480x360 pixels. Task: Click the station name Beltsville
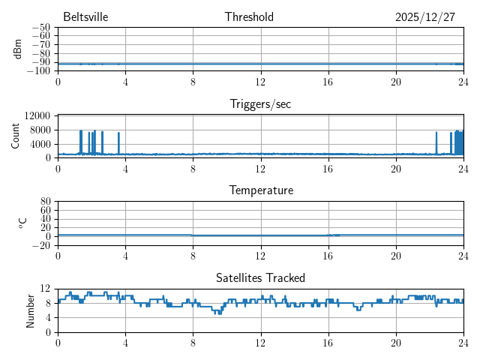[85, 17]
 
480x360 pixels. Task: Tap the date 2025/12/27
[425, 17]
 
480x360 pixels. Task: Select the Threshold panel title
[249, 17]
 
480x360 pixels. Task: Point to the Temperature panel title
[260, 190]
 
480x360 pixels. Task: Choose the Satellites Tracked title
[260, 278]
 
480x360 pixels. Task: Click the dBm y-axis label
[18, 49]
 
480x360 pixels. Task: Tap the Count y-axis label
[16, 136]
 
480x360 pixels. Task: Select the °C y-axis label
[22, 223]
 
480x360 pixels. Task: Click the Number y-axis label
[30, 310]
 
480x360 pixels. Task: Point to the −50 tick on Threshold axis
[40, 28]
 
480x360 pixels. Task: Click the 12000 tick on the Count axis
[37, 115]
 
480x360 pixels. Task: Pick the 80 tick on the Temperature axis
[45, 202]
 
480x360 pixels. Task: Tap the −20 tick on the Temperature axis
[40, 245]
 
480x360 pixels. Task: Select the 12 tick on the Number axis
[45, 289]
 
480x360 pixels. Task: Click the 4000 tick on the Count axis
[40, 144]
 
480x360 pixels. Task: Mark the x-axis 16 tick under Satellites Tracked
[328, 342]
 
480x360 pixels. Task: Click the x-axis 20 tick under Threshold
[395, 81]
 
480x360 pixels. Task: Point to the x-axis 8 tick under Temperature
[193, 255]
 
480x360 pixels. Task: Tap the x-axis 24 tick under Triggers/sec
[463, 168]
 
